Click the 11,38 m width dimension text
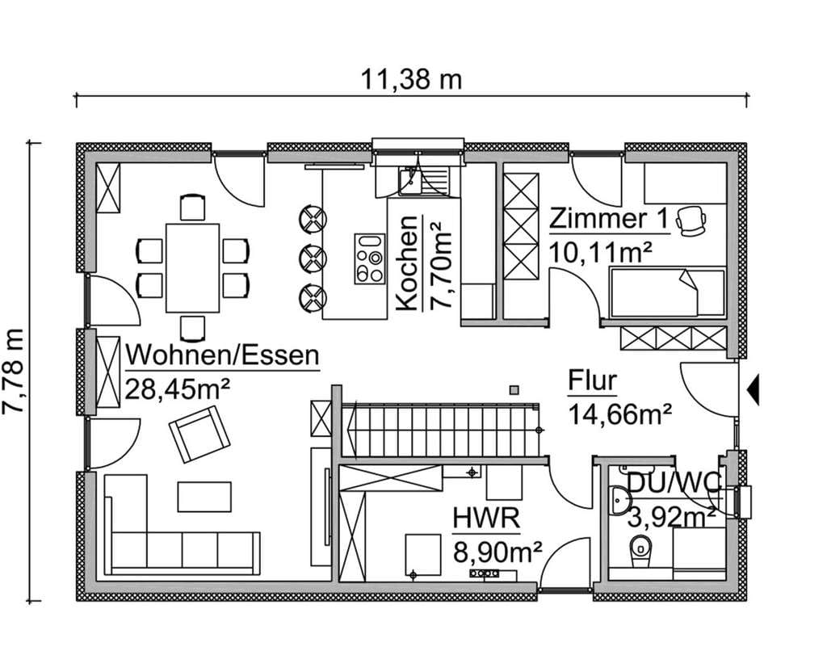click(411, 80)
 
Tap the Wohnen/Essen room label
click(223, 355)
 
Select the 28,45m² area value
click(178, 390)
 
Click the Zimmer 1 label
click(609, 218)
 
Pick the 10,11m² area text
click(601, 252)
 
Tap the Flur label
click(592, 381)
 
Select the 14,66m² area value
click(619, 414)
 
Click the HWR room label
click(486, 518)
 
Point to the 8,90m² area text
click(497, 552)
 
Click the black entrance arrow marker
click(754, 390)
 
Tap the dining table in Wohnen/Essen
click(192, 268)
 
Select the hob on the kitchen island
click(368, 259)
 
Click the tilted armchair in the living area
click(199, 434)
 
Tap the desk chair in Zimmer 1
click(691, 220)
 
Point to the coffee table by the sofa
click(204, 497)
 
